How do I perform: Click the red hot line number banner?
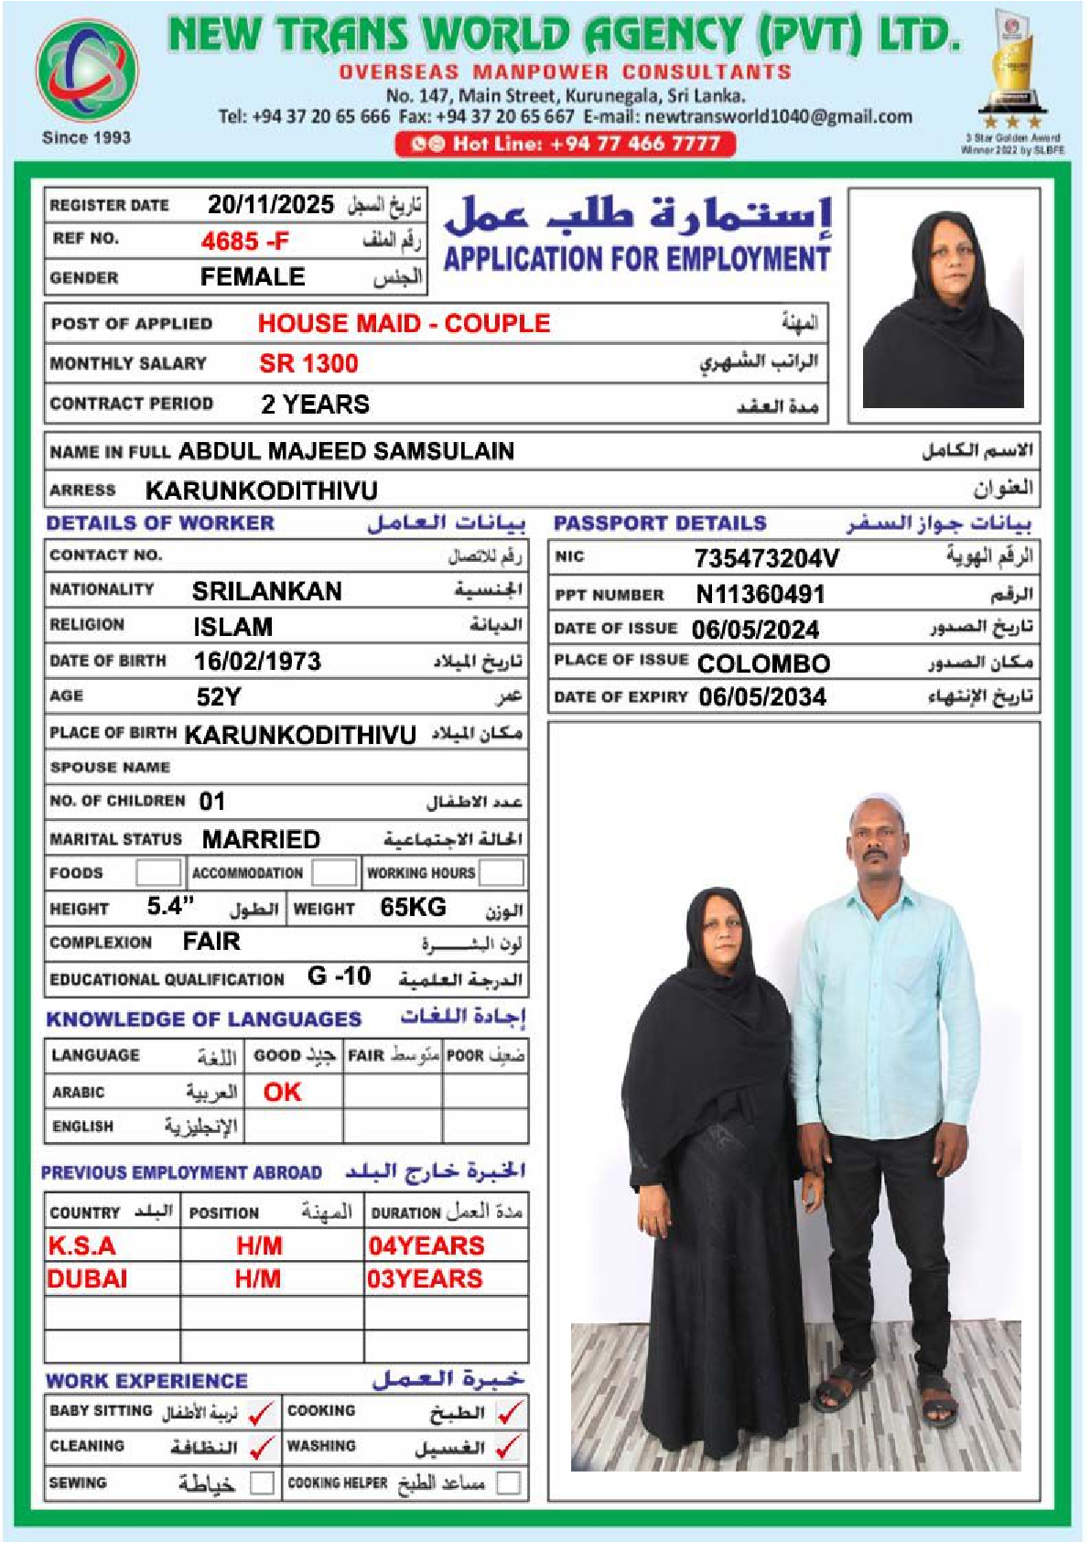point(565,144)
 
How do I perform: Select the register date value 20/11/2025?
point(270,204)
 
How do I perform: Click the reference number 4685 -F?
point(244,242)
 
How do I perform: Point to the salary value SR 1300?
point(308,363)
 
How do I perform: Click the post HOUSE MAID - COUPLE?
point(404,323)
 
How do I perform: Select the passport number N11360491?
point(760,595)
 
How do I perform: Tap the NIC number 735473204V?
point(766,558)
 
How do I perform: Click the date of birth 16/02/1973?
point(257,662)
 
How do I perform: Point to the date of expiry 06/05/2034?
point(762,697)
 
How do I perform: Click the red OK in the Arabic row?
point(282,1092)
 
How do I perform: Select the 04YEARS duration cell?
point(426,1245)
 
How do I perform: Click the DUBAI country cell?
point(88,1278)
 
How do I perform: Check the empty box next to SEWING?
point(262,1483)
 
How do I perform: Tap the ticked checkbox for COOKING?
point(510,1412)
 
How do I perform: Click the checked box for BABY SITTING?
point(262,1412)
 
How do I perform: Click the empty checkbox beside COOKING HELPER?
point(508,1483)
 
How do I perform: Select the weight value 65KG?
point(413,907)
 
